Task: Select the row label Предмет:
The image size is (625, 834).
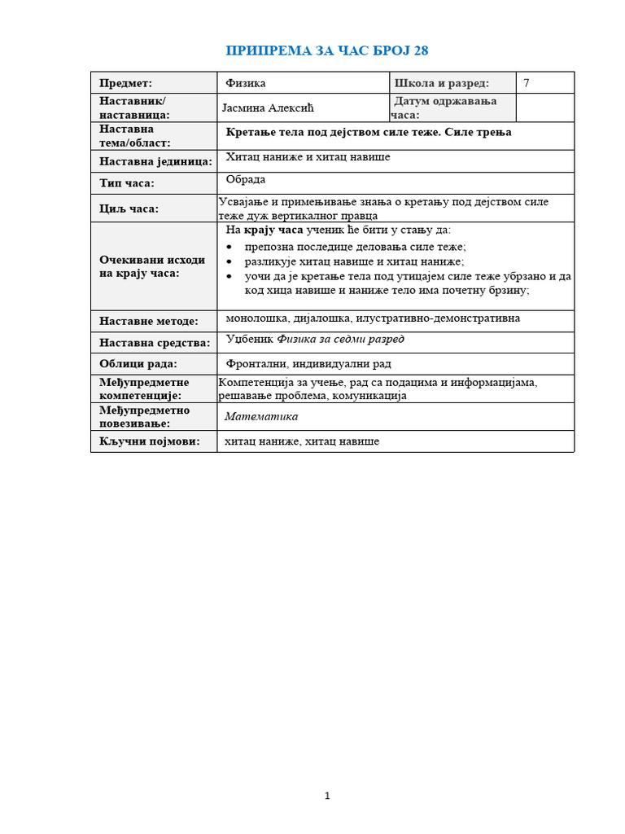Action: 126,83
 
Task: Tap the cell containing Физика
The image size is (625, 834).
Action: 246,83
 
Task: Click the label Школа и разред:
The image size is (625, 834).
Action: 442,83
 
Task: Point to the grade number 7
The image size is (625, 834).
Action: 527,83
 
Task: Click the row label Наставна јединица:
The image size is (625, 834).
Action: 155,161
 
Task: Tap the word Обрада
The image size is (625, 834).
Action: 246,180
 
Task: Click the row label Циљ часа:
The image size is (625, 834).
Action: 129,208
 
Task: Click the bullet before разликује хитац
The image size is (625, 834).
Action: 229,262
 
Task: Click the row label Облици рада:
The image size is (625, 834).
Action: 138,364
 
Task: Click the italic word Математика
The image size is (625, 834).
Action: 261,417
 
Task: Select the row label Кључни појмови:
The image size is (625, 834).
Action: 149,442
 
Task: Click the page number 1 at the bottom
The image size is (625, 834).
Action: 327,797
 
